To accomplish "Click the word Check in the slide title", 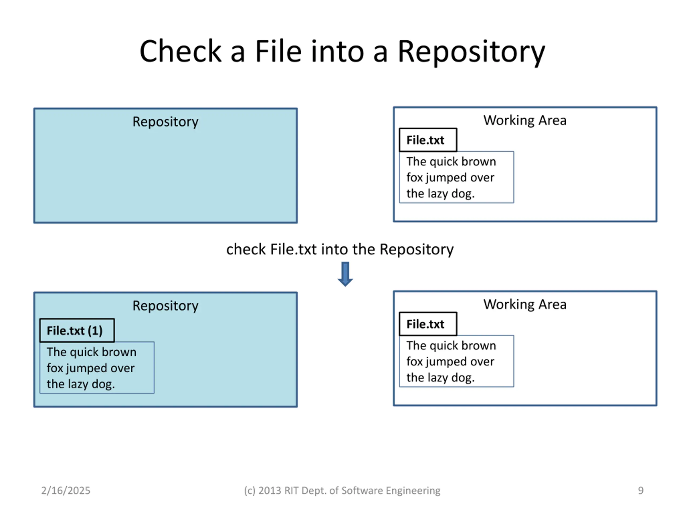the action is (180, 51).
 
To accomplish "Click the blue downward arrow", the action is (345, 274).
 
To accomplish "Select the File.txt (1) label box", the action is (77, 330).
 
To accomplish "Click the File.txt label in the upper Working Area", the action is (428, 140).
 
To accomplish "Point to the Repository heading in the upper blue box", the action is (165, 122).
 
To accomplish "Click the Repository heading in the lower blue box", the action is (165, 306).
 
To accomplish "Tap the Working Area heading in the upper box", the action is (525, 120).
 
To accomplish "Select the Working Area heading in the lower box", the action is (525, 304).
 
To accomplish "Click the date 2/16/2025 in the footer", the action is (66, 490).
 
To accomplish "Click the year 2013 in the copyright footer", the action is (270, 490).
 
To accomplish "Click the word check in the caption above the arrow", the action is (246, 249).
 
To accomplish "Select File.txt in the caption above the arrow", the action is (294, 249).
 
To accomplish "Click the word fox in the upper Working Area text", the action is (414, 177).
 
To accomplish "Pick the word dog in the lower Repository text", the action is (103, 384).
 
